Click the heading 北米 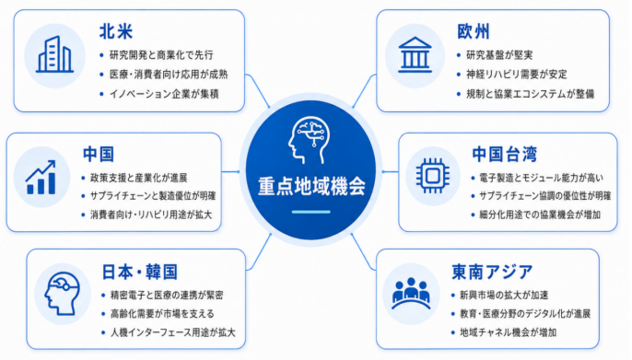[116, 32]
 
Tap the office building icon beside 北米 [54, 54]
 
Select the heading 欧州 [474, 31]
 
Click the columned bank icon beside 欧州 [415, 54]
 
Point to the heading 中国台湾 [504, 155]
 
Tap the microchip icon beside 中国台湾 [432, 176]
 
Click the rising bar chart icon [41, 177]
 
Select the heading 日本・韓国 [139, 273]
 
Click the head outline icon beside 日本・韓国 [63, 294]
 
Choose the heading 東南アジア [492, 273]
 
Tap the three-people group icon [411, 293]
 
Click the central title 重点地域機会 [311, 186]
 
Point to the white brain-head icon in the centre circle [310, 140]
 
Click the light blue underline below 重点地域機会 [311, 212]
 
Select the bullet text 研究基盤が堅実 [499, 55]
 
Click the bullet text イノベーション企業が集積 [164, 94]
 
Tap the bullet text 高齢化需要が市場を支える [162, 314]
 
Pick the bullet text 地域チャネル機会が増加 [508, 332]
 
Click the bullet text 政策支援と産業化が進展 [138, 178]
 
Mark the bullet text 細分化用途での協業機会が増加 [540, 215]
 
